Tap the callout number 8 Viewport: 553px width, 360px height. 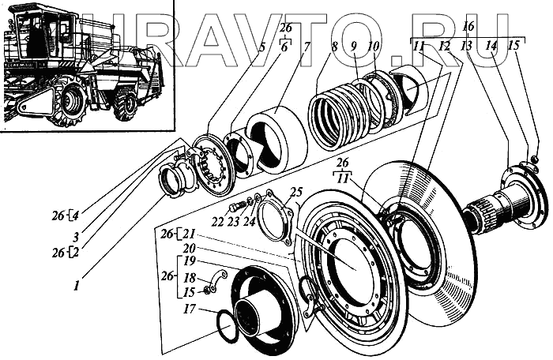click(x=335, y=47)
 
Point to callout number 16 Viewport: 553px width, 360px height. click(x=468, y=27)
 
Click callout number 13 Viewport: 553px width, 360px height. click(x=467, y=47)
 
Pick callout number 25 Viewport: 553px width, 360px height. click(x=295, y=192)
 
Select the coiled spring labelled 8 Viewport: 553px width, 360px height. click(x=337, y=118)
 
